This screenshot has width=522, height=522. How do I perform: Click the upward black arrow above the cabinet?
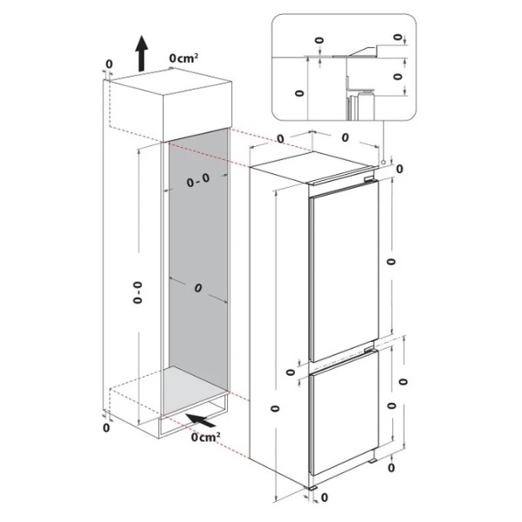click(142, 53)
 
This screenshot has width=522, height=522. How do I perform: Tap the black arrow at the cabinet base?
click(200, 420)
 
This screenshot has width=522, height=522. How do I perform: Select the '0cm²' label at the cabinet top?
click(184, 58)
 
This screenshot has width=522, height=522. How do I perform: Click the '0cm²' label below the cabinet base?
click(205, 437)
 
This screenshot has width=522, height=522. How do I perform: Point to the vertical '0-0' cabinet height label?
click(137, 292)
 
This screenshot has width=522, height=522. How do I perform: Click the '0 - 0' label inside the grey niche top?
click(198, 180)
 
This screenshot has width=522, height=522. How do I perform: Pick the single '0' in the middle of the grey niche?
click(198, 288)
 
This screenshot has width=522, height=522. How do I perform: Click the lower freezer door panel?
click(345, 412)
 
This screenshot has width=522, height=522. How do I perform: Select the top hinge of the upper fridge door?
click(371, 179)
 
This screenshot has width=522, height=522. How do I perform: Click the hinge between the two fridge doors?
click(371, 349)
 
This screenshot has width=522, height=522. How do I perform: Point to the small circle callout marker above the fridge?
click(384, 163)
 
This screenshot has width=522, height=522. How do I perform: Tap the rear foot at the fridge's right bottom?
click(372, 461)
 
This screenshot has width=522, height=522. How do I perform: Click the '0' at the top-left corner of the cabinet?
click(109, 64)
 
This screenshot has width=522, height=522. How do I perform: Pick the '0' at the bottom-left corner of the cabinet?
click(106, 428)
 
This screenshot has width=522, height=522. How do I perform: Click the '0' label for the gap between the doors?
click(291, 372)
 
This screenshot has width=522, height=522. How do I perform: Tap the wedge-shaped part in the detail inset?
click(362, 51)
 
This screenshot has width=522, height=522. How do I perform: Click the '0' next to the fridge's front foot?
click(324, 498)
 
